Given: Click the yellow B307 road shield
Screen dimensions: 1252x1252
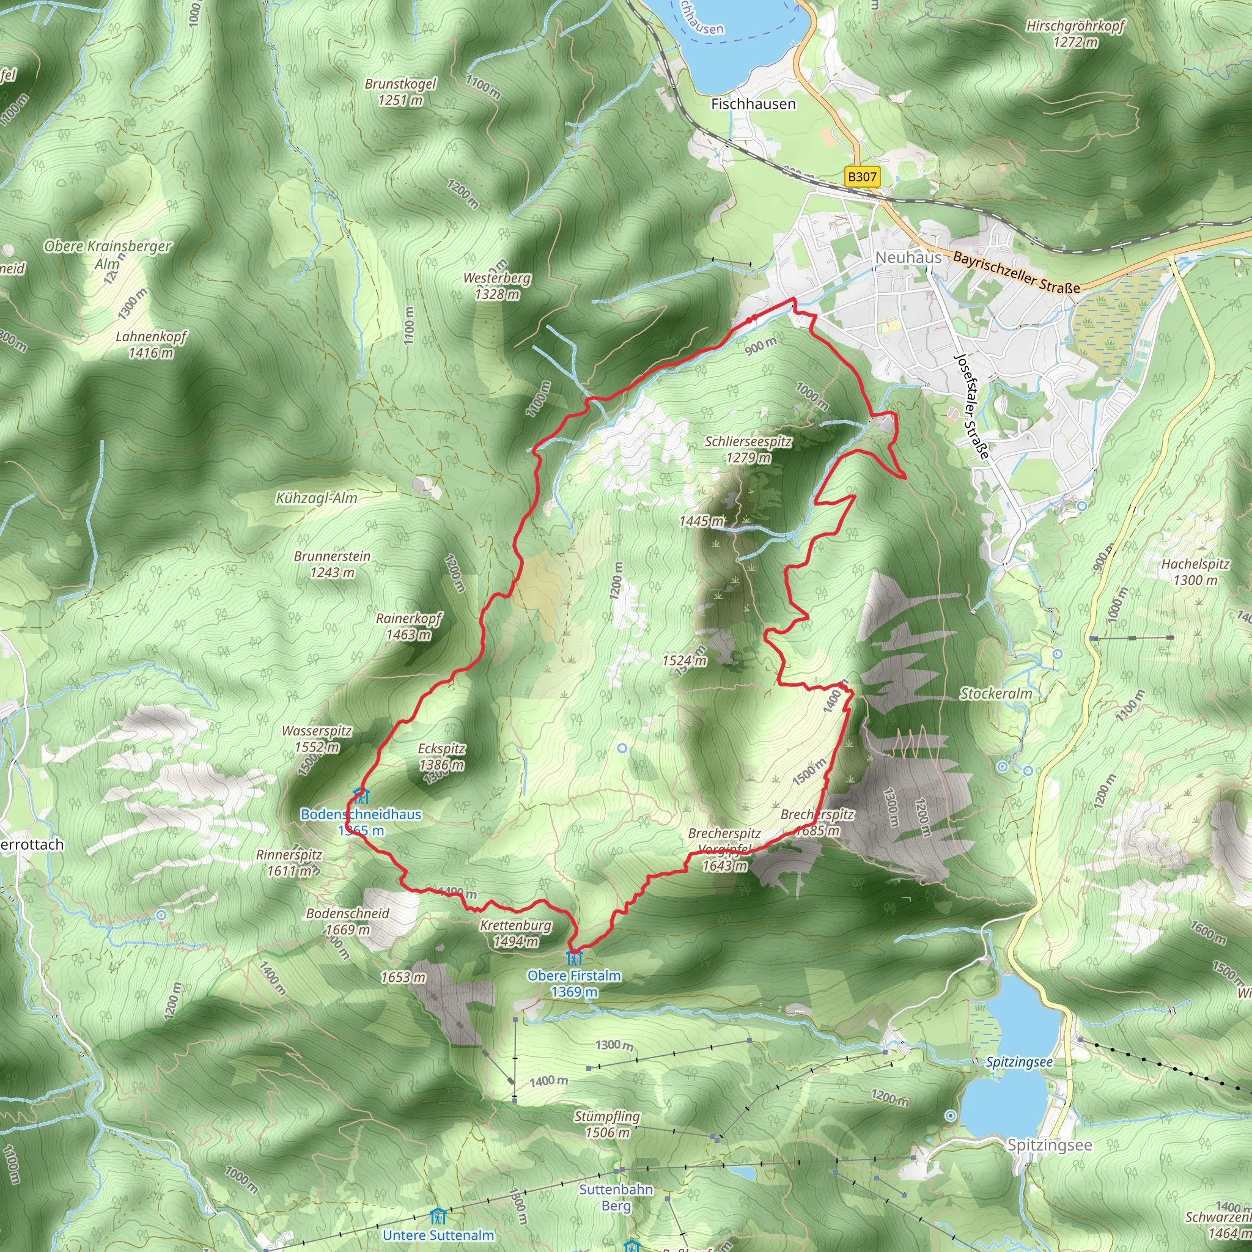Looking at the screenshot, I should coord(862,176).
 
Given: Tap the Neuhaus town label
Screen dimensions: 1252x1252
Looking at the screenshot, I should coord(908,257).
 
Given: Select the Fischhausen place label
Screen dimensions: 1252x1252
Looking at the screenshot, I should coord(753,104).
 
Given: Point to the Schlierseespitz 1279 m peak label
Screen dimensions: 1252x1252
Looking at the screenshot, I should coord(748,449).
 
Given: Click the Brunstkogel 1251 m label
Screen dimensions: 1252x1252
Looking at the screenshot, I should coord(400,91).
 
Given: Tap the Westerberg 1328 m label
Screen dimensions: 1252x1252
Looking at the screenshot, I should coord(496,285).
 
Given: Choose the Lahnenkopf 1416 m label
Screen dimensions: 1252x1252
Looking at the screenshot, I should coord(151,344).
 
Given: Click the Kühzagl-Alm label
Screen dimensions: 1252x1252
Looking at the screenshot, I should coord(316,498).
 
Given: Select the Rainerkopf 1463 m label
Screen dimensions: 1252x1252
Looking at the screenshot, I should coord(408,626).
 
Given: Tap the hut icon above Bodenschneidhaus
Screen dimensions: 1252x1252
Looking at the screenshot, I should coord(360,795).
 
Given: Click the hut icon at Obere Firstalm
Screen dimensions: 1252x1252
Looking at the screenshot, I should coord(574,957).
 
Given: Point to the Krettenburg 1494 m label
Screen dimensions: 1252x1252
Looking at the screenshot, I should coord(515,933).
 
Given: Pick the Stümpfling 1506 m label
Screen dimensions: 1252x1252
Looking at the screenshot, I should coord(606,1124).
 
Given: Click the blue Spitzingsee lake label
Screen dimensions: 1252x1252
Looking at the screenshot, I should coord(1018,1062).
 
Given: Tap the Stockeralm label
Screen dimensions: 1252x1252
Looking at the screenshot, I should coord(995,693).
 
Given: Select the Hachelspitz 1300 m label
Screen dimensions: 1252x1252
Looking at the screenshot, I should coord(1195,572).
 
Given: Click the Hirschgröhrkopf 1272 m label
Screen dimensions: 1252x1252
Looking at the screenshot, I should coord(1075,34).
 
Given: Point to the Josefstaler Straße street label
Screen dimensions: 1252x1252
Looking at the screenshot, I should coord(972,407).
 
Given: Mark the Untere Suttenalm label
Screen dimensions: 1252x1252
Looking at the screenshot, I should coord(438,1234).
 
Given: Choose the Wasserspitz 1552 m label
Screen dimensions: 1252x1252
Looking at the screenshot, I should coord(316,738).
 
